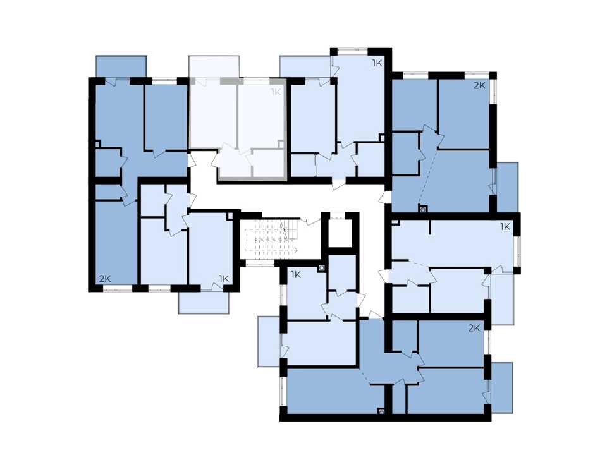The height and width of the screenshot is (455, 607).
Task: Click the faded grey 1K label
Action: pos(276,92)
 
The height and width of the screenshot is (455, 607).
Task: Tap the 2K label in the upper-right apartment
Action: pos(480,85)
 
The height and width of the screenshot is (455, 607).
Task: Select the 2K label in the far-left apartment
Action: pos(105,279)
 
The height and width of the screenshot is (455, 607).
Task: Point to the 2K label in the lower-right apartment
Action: pos(474,328)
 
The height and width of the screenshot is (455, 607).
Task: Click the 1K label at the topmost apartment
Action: pos(377,63)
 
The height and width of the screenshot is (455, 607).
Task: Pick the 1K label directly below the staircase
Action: pos(296,275)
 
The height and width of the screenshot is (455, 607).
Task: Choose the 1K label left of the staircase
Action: pos(224,279)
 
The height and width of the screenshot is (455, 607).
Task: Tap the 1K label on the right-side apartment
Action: pos(505,227)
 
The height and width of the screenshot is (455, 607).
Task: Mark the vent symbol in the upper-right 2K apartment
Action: pos(422,209)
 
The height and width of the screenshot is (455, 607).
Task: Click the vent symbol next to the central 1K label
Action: pos(321,268)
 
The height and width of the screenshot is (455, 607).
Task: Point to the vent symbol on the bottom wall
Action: pos(382,411)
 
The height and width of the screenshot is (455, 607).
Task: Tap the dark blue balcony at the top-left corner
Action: pos(121,66)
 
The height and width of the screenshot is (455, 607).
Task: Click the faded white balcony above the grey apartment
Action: pos(214,67)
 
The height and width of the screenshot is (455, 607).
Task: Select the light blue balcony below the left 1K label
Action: pos(204,303)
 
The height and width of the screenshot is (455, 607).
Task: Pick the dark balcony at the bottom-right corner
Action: pos(501,387)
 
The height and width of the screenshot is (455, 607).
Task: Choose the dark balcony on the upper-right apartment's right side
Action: pos(507,187)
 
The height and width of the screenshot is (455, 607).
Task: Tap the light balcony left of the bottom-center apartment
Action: pos(269,341)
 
